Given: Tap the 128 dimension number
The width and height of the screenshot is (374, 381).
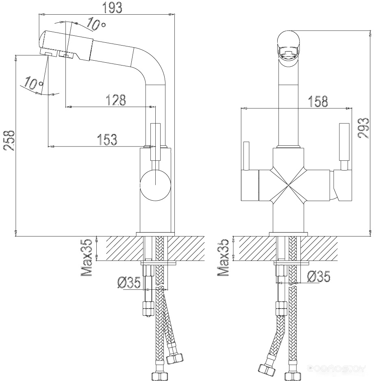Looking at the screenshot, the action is (116, 100).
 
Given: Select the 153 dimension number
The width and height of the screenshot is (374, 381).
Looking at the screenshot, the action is (107, 140).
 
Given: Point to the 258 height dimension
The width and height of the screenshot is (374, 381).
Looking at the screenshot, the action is (9, 140).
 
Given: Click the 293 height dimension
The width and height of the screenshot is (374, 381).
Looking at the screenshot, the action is (363, 128).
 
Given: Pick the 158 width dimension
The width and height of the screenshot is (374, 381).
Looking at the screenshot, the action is (318, 101).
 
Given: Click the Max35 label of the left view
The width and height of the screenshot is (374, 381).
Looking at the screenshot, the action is (87, 258).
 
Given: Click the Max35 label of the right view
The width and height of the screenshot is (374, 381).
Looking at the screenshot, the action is (223, 258).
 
